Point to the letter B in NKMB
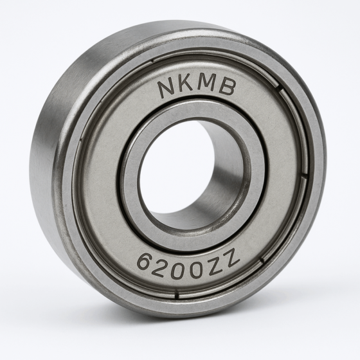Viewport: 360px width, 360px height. (226, 89)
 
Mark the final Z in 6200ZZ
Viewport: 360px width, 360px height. (232, 258)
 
